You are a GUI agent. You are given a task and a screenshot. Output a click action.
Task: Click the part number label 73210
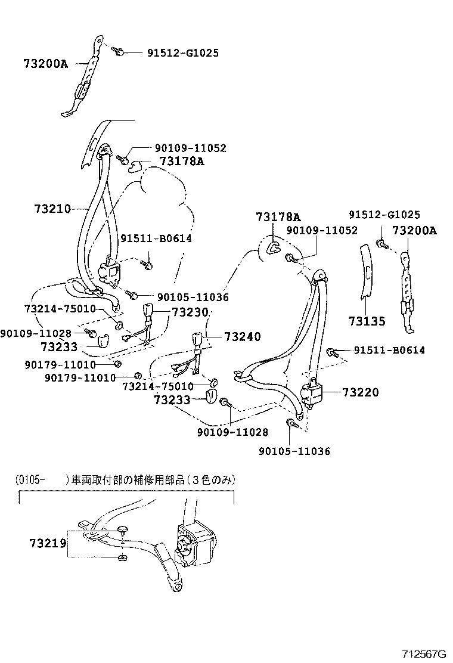(x=52, y=209)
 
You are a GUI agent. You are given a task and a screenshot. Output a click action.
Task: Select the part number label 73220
(x=360, y=392)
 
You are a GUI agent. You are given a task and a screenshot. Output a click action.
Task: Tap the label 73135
(x=367, y=321)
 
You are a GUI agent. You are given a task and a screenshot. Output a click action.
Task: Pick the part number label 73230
(x=190, y=312)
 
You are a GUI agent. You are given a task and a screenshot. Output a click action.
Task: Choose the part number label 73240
(x=243, y=337)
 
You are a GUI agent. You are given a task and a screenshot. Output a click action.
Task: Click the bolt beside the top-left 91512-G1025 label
(x=119, y=52)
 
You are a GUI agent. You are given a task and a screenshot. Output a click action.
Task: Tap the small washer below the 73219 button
(x=122, y=557)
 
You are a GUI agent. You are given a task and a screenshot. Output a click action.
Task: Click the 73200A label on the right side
(x=414, y=231)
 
